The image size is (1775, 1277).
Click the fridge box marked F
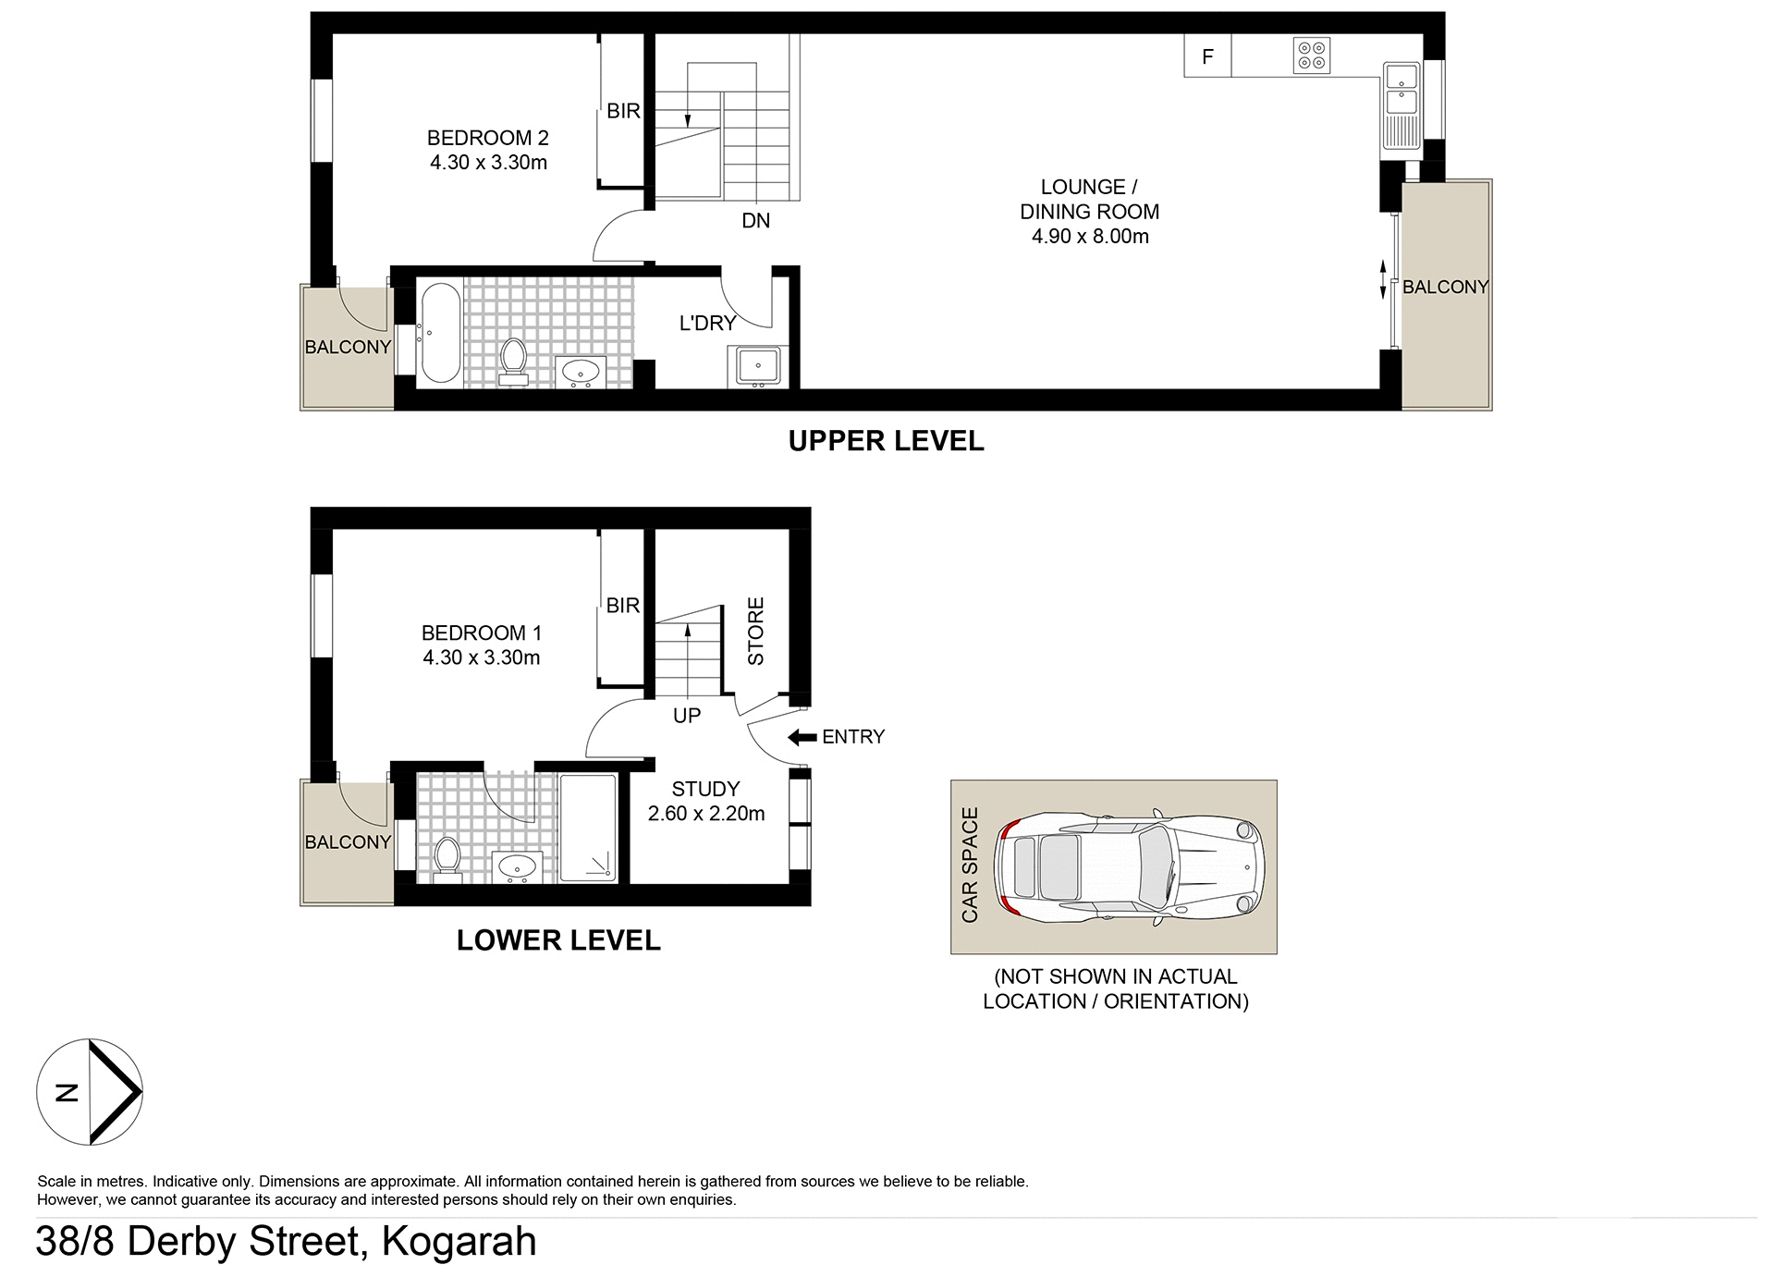click(1206, 56)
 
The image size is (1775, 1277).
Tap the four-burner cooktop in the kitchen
click(1311, 55)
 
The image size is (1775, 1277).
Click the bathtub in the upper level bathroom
click(439, 334)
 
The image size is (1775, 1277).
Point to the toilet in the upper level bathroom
click(512, 361)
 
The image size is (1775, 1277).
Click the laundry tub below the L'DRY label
click(757, 366)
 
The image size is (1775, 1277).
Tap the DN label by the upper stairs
click(755, 221)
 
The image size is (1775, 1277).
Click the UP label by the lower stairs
click(686, 716)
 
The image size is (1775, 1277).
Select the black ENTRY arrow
click(802, 737)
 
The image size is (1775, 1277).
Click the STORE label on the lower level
click(755, 632)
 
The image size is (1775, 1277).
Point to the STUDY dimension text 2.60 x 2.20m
click(705, 814)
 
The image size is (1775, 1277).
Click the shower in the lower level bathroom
click(588, 829)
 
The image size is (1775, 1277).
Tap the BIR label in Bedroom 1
click(622, 606)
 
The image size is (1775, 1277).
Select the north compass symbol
click(89, 1092)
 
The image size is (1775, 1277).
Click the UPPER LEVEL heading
click(885, 441)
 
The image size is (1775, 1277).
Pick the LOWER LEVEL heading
click(558, 940)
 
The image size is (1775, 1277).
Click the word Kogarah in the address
click(459, 1242)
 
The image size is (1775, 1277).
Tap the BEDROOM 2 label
click(487, 139)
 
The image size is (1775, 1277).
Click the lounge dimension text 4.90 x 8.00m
click(1089, 237)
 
